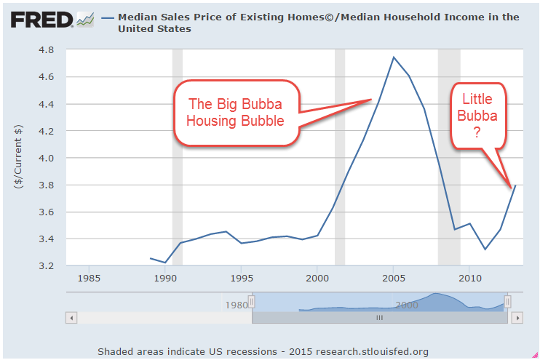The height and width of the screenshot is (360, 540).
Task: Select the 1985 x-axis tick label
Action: (89, 278)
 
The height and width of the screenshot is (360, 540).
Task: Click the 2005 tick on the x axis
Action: (394, 278)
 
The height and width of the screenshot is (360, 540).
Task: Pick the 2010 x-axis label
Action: (470, 278)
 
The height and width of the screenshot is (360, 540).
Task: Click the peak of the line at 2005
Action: (394, 57)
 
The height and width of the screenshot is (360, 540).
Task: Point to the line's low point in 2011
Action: (485, 249)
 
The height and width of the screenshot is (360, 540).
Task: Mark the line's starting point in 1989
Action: (151, 258)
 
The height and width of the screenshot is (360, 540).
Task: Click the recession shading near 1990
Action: (177, 156)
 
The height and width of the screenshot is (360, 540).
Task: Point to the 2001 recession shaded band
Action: (339, 156)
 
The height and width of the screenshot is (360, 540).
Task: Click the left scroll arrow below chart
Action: (71, 318)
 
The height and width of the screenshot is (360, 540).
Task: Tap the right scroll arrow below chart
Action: (517, 318)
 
